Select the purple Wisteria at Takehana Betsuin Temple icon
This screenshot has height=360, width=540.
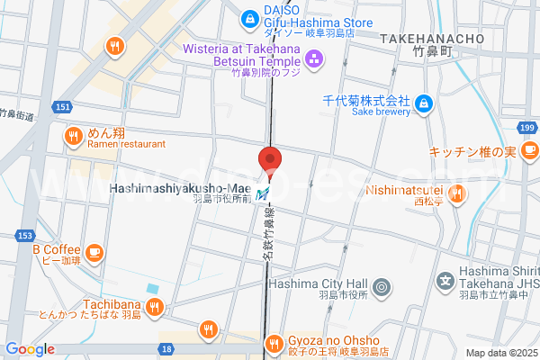[313, 60]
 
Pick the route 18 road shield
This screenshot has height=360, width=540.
[166, 348]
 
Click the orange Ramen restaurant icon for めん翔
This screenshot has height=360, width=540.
[74, 137]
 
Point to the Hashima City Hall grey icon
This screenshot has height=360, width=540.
[382, 288]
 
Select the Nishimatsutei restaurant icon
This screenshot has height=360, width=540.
[457, 191]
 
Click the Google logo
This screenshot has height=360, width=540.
[30, 349]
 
